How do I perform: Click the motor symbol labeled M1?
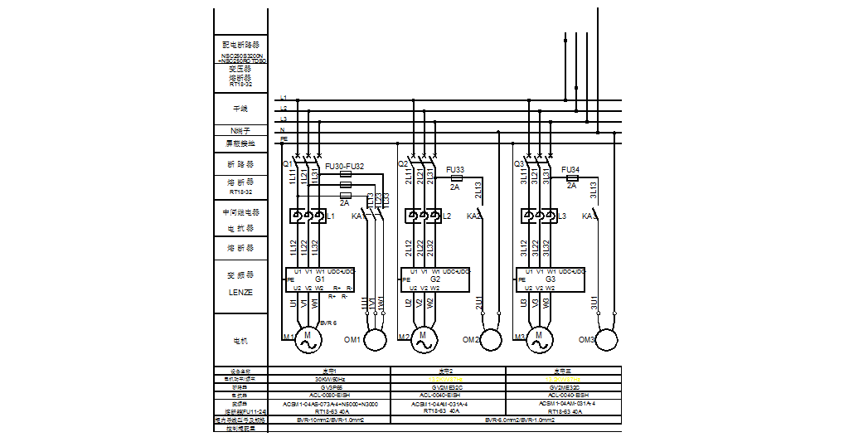click(x=308, y=338)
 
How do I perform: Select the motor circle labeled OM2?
click(x=492, y=339)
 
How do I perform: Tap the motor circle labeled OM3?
click(x=608, y=339)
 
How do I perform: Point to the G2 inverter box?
click(x=435, y=279)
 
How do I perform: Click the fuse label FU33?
click(x=455, y=169)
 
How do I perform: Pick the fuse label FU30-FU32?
click(x=344, y=166)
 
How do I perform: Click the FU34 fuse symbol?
click(x=571, y=177)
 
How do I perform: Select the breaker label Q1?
click(x=288, y=164)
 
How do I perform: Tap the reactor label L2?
click(x=447, y=216)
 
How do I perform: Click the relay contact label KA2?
click(x=473, y=216)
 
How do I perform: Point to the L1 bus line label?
click(x=284, y=98)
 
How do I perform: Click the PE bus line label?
click(x=284, y=139)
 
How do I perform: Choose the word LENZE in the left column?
click(x=240, y=292)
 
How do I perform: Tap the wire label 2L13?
click(x=478, y=190)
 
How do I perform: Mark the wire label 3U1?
click(x=594, y=303)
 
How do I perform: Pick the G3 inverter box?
click(x=551, y=279)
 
